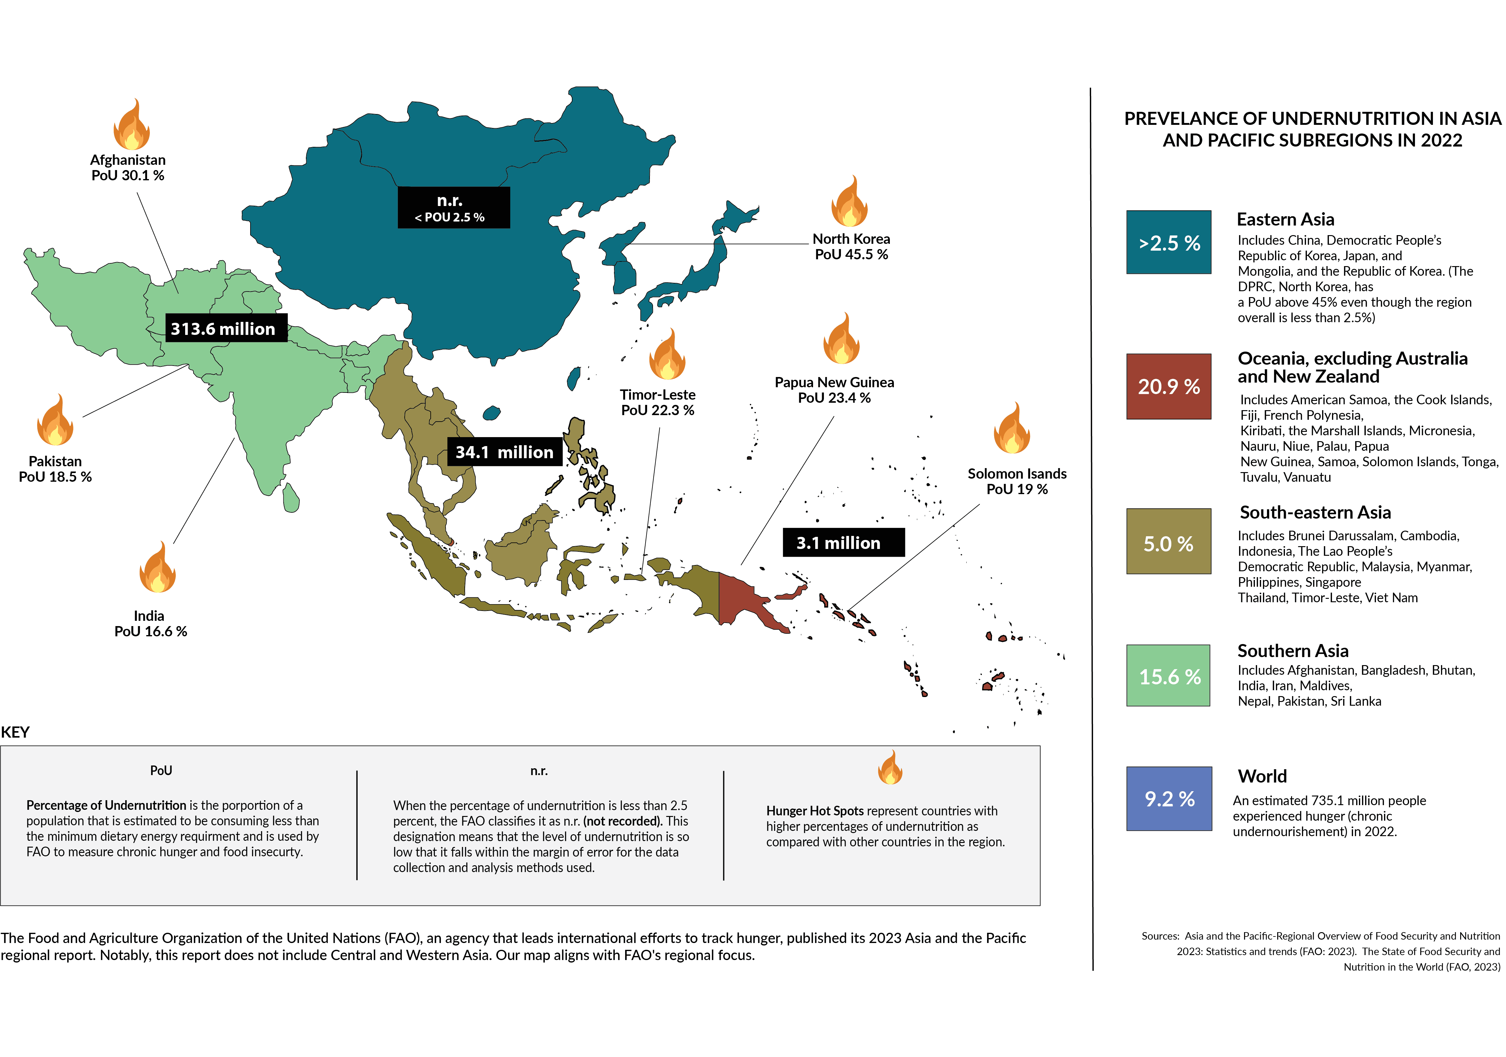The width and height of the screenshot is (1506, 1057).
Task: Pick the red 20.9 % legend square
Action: pos(1168,386)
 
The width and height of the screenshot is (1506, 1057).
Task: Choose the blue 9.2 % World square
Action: pos(1168,799)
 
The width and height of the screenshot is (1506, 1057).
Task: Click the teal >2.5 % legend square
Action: pos(1168,242)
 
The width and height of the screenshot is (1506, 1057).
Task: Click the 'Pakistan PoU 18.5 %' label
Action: pos(55,469)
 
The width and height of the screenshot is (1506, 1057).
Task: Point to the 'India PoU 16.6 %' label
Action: pos(150,623)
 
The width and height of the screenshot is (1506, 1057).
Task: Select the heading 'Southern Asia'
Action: pos(1292,651)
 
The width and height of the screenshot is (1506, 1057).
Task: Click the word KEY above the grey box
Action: pos(15,732)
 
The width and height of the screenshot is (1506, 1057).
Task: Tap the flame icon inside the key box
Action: pos(890,768)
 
